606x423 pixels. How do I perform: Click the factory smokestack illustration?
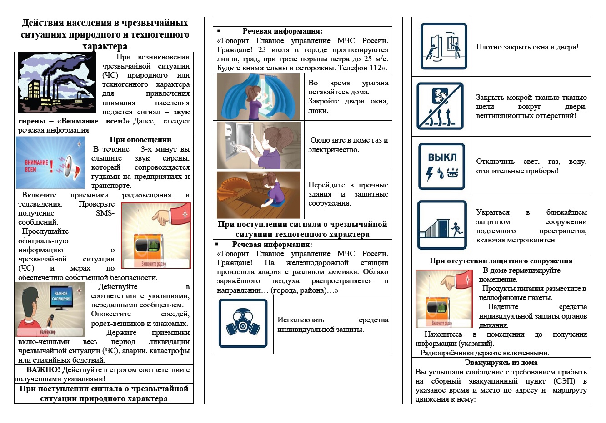(57, 83)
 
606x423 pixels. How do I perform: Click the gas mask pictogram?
(243, 323)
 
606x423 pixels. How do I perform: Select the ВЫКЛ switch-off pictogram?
(441, 166)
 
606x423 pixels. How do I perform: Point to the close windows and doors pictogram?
(443, 46)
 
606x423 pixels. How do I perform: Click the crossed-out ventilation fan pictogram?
(440, 106)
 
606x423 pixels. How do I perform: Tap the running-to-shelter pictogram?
(442, 225)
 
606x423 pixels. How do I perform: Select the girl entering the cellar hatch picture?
(259, 194)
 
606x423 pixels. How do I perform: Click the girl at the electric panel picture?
(259, 145)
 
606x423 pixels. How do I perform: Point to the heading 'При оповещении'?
(140, 140)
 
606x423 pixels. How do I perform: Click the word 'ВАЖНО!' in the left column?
(43, 370)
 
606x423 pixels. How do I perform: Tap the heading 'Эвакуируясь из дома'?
(501, 363)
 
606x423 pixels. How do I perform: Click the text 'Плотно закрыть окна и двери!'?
(527, 47)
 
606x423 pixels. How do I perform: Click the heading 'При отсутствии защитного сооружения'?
(501, 261)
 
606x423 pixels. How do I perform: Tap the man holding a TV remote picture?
(50, 310)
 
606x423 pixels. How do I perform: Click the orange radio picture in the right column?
(444, 299)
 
